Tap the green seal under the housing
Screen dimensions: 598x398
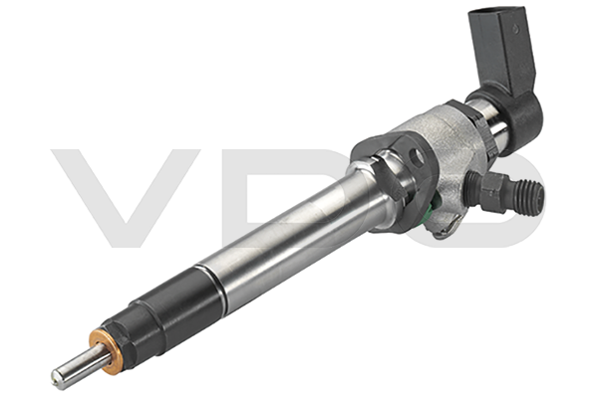[x=433, y=208]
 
